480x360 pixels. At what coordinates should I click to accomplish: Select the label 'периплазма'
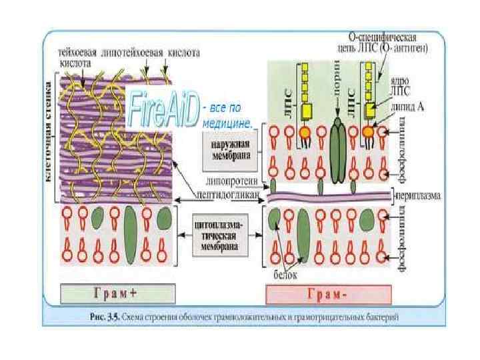tap(417, 197)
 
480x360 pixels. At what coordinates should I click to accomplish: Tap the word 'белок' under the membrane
tap(285, 273)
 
